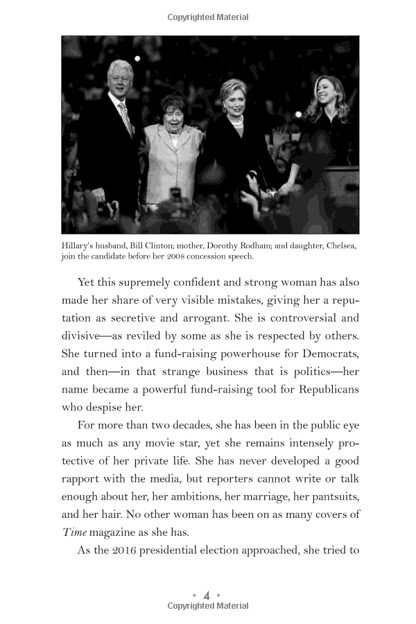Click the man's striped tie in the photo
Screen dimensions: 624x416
pos(125,117)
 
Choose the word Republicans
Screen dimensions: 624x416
pos(326,389)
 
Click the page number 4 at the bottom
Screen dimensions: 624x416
pos(207,595)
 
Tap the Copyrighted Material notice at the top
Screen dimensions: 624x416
pos(208,17)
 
